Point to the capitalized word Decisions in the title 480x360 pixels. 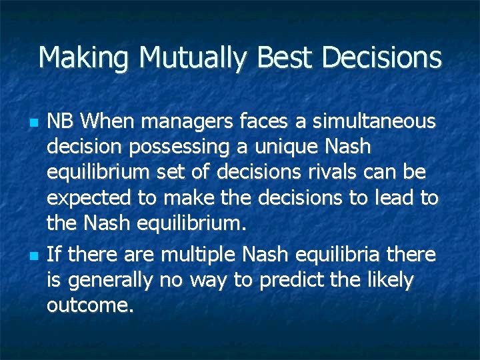(x=383, y=58)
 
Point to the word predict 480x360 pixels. (x=291, y=280)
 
